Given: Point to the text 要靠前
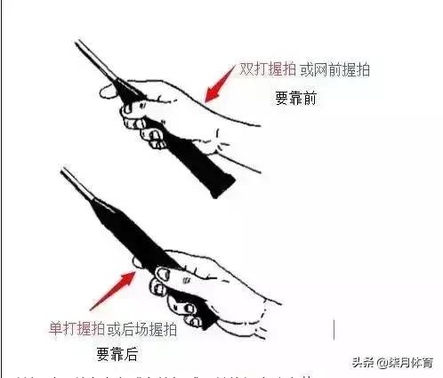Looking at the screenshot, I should (295, 99).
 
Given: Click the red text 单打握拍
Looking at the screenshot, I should (77, 330).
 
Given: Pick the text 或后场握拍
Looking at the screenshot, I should (142, 330).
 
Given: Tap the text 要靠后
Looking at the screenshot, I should (117, 354).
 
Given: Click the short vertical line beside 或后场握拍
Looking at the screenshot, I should (334, 328).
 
